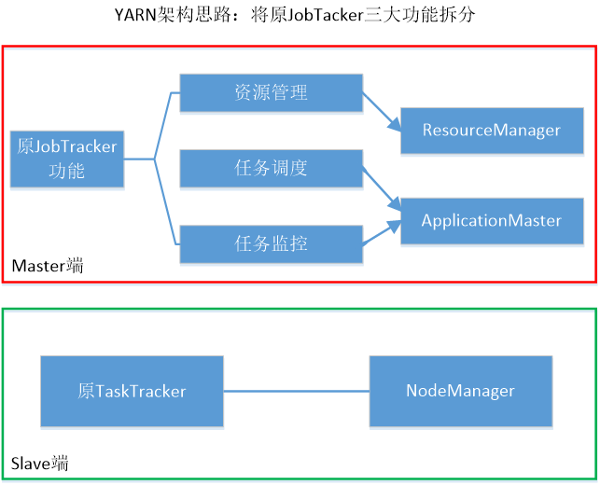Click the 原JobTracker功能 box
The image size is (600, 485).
point(66,159)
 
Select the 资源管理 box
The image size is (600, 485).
point(271,93)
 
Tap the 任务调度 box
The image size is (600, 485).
point(271,168)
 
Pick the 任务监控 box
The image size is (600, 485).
point(271,243)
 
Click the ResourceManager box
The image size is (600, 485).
point(492,130)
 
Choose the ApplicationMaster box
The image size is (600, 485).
point(492,221)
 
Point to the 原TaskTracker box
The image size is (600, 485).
point(132,391)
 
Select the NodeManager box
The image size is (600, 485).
point(460,391)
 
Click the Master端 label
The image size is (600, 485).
point(47,266)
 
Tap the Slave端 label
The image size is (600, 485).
point(39,463)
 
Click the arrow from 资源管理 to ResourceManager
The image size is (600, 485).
point(382,111)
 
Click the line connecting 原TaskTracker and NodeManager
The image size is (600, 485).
point(297,391)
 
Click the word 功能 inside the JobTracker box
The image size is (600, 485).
point(66,171)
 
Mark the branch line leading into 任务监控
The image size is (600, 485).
point(166,224)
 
